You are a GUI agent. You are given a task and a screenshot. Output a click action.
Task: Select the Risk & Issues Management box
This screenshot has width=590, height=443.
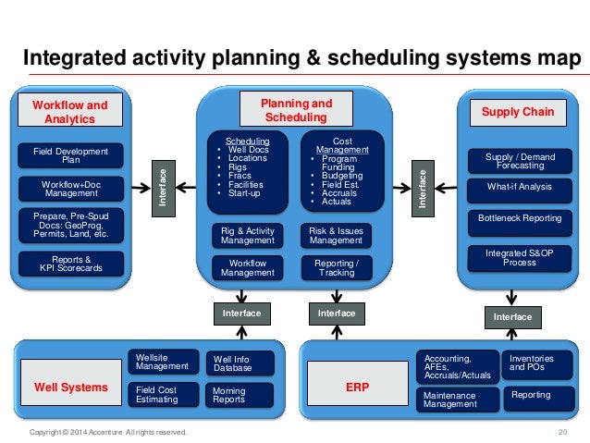coord(336,235)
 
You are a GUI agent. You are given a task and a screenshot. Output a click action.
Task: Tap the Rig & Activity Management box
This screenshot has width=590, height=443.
coord(248,235)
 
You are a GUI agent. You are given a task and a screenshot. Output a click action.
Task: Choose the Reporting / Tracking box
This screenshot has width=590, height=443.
coord(336,267)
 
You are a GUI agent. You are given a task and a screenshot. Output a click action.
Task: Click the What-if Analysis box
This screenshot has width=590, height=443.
coord(519,187)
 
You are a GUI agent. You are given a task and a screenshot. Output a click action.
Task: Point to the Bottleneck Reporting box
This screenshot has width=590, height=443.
coord(519,218)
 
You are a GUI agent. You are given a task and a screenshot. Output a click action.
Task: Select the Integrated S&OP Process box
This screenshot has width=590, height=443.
coord(519,256)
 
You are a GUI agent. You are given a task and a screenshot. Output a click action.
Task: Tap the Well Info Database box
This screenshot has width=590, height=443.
coord(239,364)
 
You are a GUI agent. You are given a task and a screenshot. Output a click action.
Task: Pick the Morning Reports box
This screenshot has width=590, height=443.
coord(239,396)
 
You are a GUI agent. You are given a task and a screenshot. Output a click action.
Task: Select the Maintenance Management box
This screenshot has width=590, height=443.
coord(458,399)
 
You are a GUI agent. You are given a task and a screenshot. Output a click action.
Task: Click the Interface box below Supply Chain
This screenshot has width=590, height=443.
coord(512,317)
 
